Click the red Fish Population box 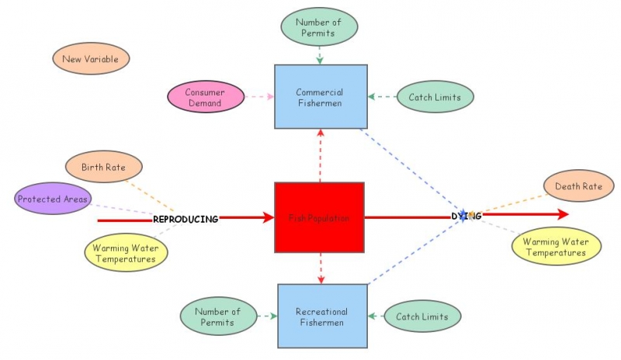coord(319,217)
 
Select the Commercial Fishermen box coord(320,96)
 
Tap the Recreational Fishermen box coord(322,315)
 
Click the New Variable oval coord(91,59)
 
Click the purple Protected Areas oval coord(53,199)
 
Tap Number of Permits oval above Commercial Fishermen coord(320,26)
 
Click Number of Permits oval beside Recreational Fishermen coord(219,317)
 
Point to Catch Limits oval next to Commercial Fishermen coord(435,98)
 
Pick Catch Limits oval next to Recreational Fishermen coord(422,317)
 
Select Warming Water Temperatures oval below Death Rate coord(554,247)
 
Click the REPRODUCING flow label coord(186,220)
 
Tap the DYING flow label coord(467,216)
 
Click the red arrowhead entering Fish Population coord(269,218)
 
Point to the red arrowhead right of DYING coord(561,215)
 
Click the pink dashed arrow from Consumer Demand coord(258,98)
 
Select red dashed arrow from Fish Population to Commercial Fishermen coord(320,155)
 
